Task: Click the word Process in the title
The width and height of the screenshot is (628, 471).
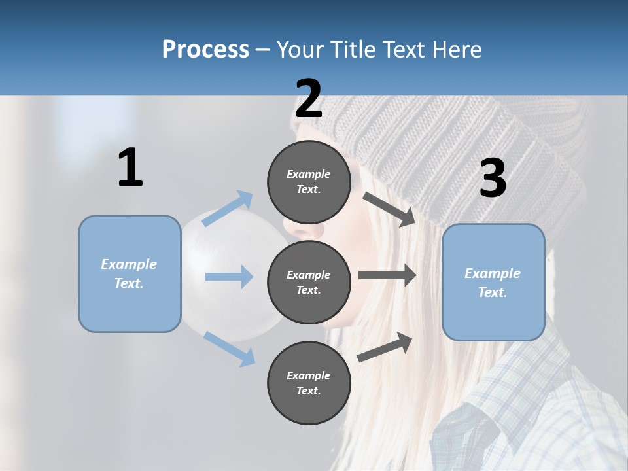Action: click(205, 49)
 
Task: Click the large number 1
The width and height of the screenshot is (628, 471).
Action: click(130, 168)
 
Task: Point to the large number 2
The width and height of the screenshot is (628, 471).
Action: click(309, 99)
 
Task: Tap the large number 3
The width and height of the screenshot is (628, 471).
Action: click(493, 179)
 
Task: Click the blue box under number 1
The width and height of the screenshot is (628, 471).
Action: click(130, 273)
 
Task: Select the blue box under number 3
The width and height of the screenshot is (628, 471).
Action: click(493, 282)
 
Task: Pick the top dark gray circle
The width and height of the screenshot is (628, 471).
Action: click(309, 182)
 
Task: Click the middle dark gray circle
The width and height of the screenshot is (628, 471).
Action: click(309, 283)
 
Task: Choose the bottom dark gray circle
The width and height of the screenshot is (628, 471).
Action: click(309, 383)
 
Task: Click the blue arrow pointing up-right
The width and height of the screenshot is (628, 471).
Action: click(228, 209)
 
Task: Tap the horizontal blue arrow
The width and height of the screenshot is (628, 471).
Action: click(229, 277)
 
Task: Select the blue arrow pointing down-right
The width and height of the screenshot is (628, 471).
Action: click(229, 349)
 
